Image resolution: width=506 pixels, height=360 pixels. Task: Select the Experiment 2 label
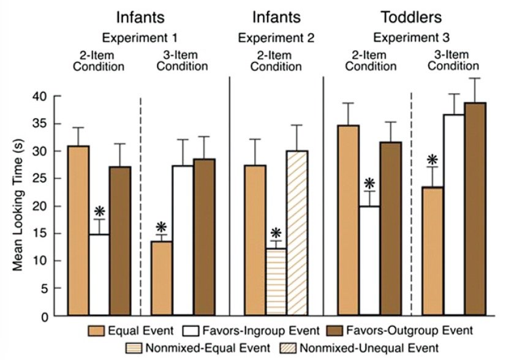276,38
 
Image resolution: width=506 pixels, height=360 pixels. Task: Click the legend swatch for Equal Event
97,331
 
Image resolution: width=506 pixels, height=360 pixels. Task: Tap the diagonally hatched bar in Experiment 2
297,233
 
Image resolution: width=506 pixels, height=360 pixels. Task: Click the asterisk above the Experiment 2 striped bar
276,233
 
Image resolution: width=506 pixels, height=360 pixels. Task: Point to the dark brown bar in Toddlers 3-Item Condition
475,209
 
